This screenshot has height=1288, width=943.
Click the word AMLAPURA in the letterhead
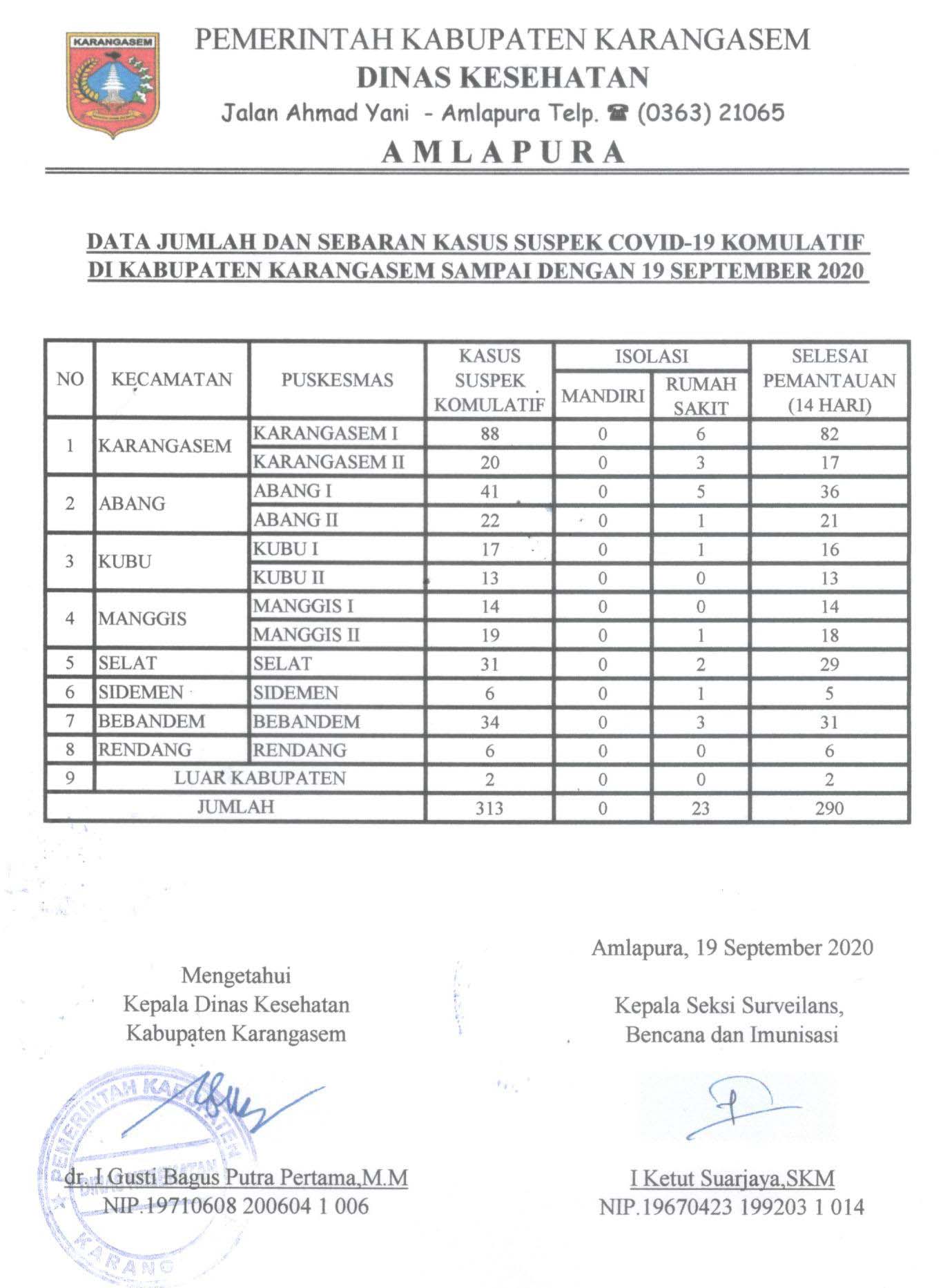[x=503, y=152]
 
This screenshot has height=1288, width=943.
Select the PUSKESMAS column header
[x=337, y=380]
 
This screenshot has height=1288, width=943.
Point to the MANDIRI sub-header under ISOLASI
[x=603, y=396]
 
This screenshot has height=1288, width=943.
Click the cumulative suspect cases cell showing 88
[x=489, y=434]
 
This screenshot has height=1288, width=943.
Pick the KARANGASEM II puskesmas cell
[x=329, y=462]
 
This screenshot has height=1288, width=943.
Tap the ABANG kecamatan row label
[x=132, y=503]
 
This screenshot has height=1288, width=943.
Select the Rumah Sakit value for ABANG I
[x=700, y=491]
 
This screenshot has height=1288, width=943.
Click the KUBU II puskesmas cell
[x=289, y=578]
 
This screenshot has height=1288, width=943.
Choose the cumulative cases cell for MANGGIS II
[x=489, y=636]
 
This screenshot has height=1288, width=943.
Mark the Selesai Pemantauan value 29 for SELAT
[x=829, y=665]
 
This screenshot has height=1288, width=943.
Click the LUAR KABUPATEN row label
[x=260, y=779]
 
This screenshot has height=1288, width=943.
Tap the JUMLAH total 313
[x=489, y=808]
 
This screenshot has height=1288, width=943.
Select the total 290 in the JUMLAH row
[x=829, y=808]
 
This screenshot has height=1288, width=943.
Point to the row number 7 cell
[x=70, y=721]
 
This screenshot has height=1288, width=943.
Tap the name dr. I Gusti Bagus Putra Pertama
[x=236, y=1178]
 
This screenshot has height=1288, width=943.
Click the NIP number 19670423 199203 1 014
[x=732, y=1207]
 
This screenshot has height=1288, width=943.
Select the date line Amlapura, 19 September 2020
[x=732, y=948]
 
